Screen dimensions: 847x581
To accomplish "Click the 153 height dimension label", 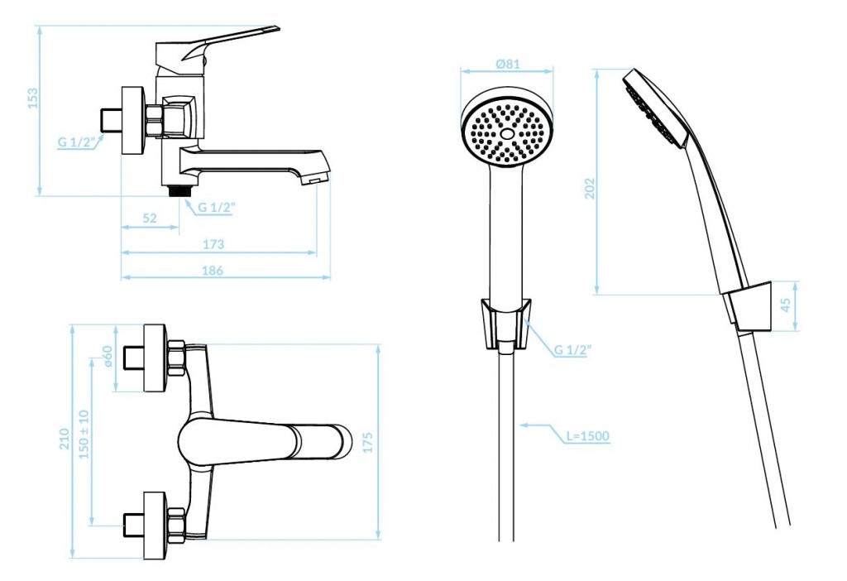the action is [33, 99].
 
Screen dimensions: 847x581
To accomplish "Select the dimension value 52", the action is [150, 218].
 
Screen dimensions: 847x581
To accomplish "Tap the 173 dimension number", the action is [213, 244].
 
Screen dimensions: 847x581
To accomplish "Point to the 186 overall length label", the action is [213, 270].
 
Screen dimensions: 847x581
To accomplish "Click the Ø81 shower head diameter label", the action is [507, 63].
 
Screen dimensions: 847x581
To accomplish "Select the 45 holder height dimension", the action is [786, 305].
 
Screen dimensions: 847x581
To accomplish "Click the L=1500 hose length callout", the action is [588, 435].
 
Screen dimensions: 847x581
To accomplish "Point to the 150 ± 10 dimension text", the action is [84, 435].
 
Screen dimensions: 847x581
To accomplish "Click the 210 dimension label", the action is [65, 439].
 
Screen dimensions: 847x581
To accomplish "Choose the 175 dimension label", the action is [367, 443].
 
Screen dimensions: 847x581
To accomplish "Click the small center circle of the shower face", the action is [507, 133].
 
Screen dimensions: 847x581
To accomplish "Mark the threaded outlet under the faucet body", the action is [179, 191].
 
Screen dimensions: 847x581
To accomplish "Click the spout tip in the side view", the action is [315, 177].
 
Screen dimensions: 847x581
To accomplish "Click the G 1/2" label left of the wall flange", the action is [77, 142].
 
